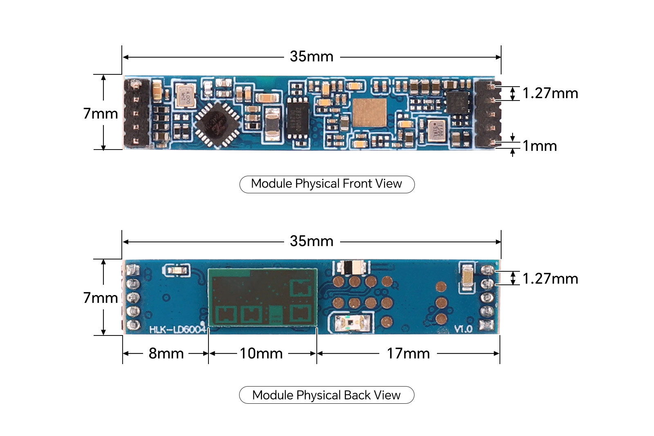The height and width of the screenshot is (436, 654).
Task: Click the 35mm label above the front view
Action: click(311, 56)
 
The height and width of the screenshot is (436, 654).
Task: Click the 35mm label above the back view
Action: click(311, 241)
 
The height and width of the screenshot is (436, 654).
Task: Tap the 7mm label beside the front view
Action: click(101, 114)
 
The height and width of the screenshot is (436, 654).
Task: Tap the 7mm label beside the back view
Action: click(101, 298)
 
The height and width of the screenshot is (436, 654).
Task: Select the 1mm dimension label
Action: click(540, 146)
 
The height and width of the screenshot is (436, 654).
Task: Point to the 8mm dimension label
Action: click(166, 353)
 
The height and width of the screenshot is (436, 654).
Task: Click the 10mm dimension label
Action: click(261, 353)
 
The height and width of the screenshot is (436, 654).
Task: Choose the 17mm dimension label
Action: click(408, 353)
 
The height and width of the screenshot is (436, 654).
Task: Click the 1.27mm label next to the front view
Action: click(550, 93)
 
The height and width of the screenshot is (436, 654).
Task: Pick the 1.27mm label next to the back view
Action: click(550, 279)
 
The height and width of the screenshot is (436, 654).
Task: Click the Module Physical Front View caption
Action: click(327, 184)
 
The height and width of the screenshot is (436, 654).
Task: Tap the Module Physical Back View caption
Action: click(327, 395)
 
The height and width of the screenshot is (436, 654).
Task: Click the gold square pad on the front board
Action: click(370, 112)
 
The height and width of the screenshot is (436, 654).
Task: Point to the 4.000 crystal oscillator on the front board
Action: click(185, 96)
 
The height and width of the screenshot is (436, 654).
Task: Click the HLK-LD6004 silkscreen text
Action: click(177, 329)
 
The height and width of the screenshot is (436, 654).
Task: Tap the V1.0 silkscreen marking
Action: click(464, 329)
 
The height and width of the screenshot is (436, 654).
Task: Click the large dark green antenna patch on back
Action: click(262, 297)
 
